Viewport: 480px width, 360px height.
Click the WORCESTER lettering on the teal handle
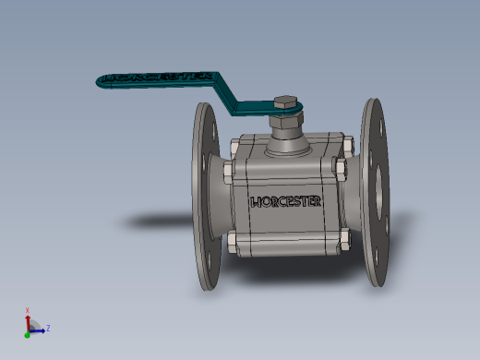[x=158, y=78]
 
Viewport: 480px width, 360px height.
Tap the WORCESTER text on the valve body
[x=286, y=202]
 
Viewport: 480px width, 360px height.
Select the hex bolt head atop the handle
[x=286, y=102]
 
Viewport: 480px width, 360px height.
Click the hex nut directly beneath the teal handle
[x=286, y=120]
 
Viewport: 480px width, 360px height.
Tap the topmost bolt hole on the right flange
[x=382, y=127]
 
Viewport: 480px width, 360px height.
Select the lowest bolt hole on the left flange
[x=209, y=261]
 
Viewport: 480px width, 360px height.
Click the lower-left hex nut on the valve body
[x=233, y=243]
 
